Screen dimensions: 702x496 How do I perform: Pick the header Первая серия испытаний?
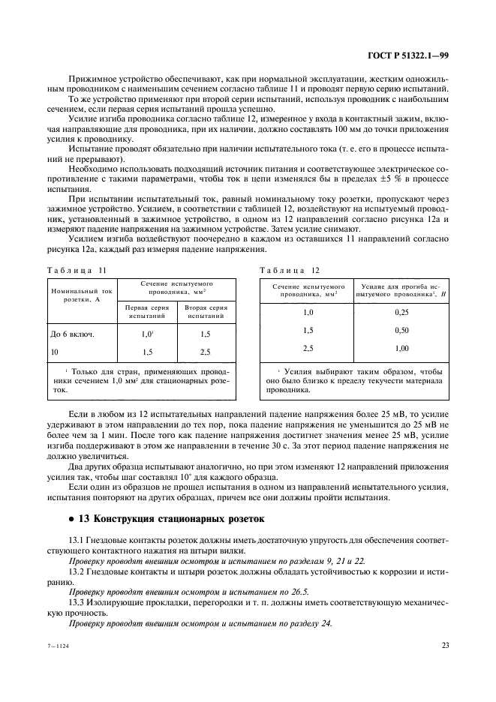tap(146, 311)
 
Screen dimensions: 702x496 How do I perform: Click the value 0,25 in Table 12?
tap(401, 312)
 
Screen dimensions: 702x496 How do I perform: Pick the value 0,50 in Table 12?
tap(401, 330)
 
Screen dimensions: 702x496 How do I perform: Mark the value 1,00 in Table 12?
tap(401, 348)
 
